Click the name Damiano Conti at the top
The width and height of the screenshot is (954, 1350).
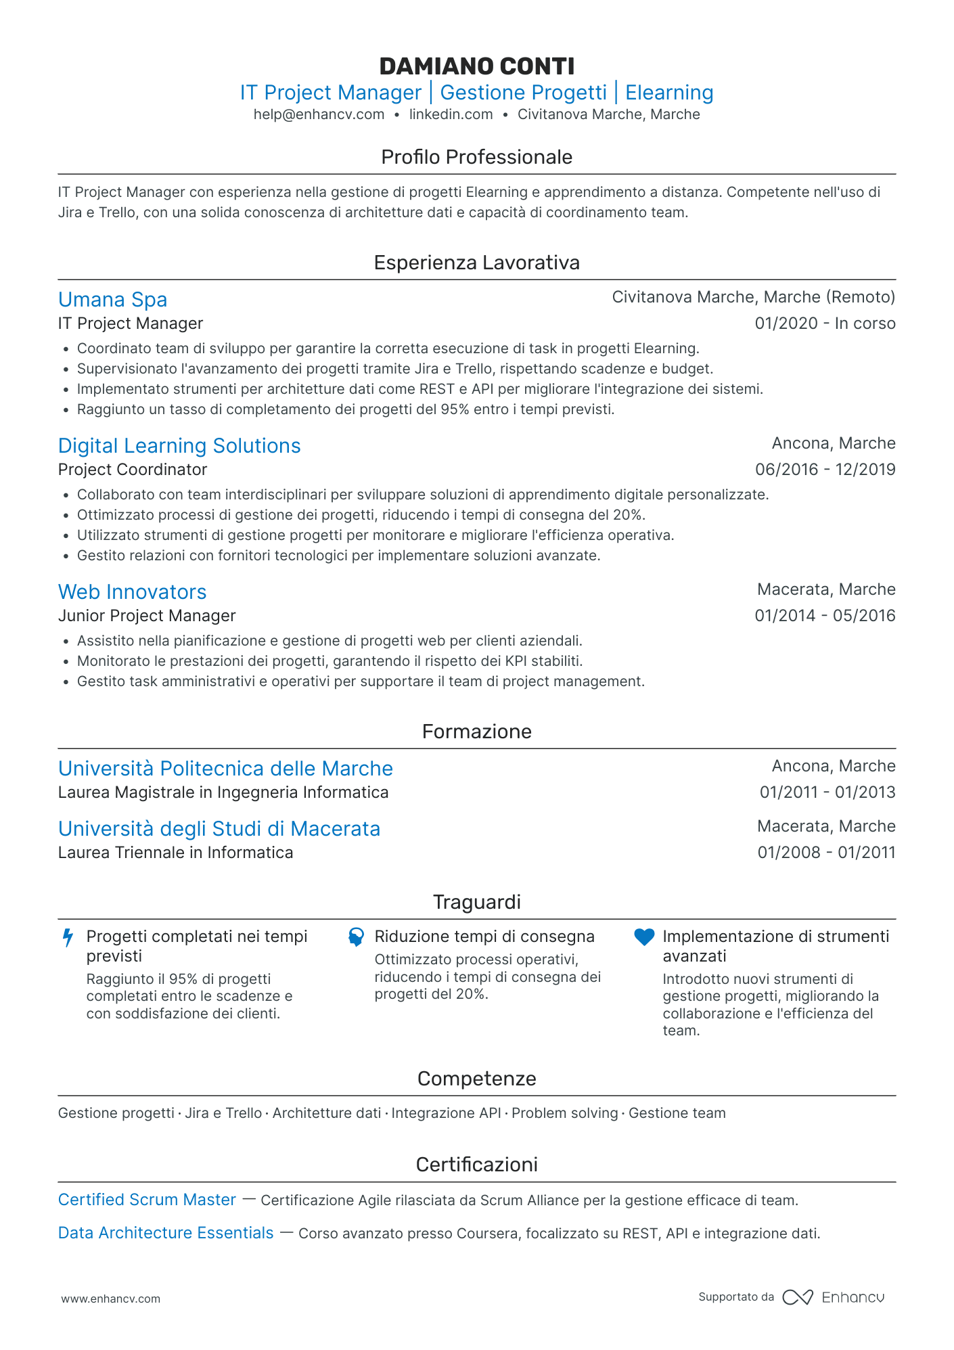476,66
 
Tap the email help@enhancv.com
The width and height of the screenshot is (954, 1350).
319,114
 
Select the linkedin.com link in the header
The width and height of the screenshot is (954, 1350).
451,114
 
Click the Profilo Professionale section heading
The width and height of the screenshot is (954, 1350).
476,157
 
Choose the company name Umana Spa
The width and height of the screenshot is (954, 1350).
112,300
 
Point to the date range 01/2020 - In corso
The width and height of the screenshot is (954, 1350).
825,323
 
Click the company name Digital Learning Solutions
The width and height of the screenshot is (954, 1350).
179,446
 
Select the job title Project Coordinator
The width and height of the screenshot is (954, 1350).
133,470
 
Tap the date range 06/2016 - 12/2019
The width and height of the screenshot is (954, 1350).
825,470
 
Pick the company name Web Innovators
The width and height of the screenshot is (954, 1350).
132,592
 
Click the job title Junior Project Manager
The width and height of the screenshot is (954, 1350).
147,616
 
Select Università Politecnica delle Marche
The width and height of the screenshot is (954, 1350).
225,769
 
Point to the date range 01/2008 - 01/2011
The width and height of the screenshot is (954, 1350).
826,853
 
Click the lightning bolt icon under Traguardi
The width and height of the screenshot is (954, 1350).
68,938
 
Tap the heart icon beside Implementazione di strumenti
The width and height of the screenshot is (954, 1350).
644,937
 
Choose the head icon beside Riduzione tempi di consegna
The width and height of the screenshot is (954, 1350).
356,937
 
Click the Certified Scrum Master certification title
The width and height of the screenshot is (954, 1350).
147,1200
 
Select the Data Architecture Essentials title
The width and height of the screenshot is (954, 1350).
166,1233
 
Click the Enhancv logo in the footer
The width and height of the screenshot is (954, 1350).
833,1297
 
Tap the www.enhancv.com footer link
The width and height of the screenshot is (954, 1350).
111,1299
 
